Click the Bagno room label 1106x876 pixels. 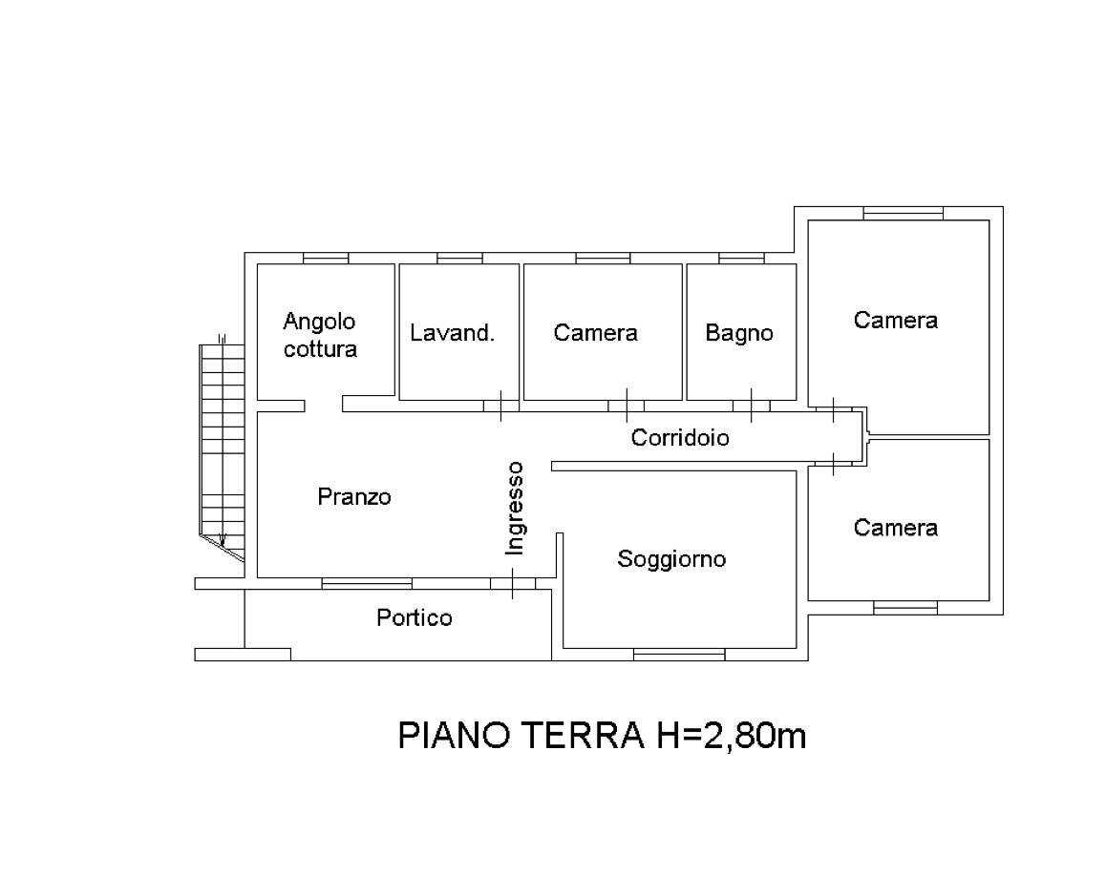[x=739, y=333]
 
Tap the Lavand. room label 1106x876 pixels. [x=452, y=333]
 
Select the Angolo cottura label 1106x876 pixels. [x=320, y=335]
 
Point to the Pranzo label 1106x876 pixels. [x=354, y=497]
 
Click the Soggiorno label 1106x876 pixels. [x=671, y=559]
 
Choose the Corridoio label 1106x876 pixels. [x=680, y=438]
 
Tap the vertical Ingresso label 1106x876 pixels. [x=515, y=508]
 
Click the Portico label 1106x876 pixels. [x=415, y=618]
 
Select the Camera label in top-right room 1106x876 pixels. [x=896, y=320]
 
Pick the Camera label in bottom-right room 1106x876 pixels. [x=896, y=528]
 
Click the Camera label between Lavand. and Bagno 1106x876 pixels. [x=595, y=333]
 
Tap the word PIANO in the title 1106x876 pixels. [x=455, y=735]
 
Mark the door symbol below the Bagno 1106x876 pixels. [x=752, y=406]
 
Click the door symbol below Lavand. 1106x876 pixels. [x=500, y=406]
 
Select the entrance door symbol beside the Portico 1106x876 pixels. [x=513, y=583]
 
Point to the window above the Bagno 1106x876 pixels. [x=741, y=259]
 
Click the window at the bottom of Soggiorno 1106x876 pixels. [x=679, y=655]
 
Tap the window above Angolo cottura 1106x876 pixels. [x=326, y=259]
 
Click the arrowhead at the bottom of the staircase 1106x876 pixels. [x=223, y=541]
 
